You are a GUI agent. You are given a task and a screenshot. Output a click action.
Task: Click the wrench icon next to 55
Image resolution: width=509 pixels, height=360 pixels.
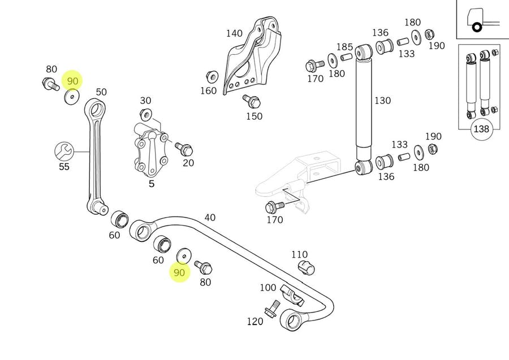64,151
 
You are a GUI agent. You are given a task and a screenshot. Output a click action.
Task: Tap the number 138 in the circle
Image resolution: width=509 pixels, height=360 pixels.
481,129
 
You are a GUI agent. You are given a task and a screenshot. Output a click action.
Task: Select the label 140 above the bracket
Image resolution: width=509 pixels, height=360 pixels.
234,33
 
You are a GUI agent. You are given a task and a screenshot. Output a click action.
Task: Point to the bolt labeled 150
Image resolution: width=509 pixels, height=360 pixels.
252,102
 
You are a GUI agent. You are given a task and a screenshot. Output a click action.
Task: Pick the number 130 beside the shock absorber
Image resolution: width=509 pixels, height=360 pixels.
382,101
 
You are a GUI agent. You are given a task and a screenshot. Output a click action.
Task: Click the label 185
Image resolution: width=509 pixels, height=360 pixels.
344,47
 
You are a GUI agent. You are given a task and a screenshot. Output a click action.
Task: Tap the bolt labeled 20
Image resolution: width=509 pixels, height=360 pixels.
184,149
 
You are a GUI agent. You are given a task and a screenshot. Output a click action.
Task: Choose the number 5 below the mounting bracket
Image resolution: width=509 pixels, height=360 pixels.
151,183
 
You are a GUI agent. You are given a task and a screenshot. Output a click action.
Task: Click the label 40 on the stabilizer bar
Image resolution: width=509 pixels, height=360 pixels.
210,217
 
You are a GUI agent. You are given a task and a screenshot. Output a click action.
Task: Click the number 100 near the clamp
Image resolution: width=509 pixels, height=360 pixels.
268,288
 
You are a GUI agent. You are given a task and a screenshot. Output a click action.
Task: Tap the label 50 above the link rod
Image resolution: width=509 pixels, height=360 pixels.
101,92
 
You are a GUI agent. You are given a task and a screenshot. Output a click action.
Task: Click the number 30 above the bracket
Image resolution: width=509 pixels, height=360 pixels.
146,101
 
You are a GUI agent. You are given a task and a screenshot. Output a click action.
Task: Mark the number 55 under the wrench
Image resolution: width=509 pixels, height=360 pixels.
63,167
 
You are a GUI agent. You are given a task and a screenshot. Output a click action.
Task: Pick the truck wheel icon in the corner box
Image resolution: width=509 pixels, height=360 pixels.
476,27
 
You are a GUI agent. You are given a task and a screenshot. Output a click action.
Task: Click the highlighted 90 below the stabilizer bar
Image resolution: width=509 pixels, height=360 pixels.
179,273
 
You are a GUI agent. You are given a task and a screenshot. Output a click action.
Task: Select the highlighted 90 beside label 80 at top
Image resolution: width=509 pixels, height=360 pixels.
72,81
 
